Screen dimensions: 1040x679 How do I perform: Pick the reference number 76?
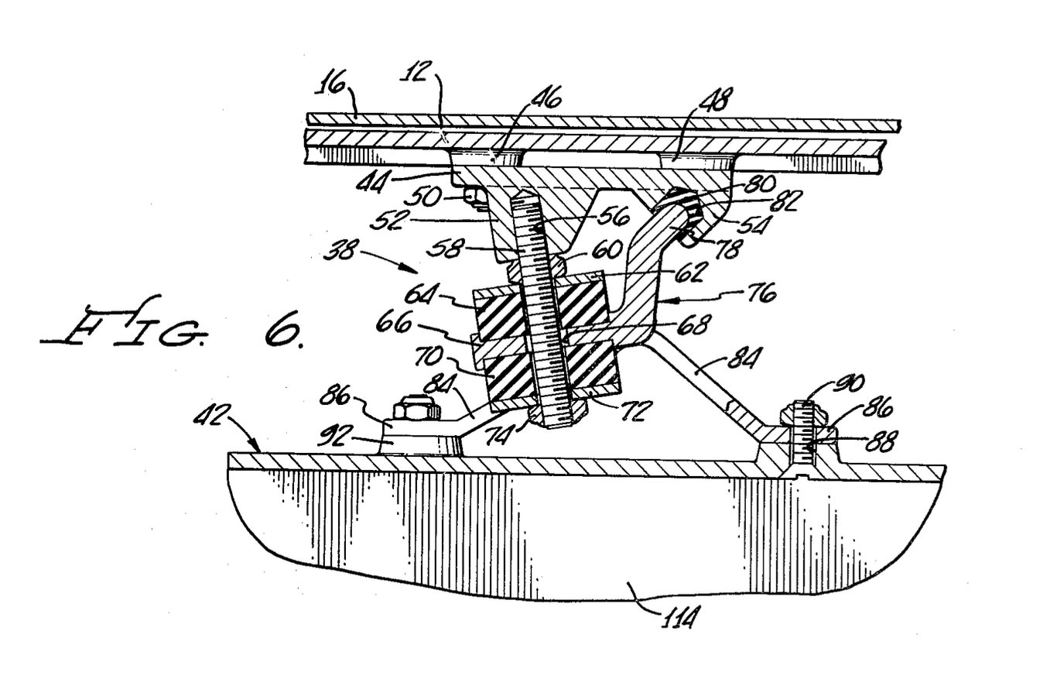(x=759, y=293)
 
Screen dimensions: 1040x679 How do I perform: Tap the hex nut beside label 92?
(x=416, y=408)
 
